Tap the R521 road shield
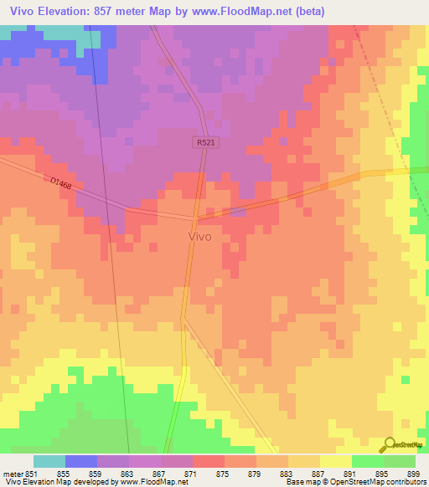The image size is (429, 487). tap(207, 143)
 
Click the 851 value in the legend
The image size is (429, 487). tap(32, 473)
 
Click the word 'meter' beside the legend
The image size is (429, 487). tap(11, 473)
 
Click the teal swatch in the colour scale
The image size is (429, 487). tap(49, 461)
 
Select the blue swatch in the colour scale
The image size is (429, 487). tap(80, 461)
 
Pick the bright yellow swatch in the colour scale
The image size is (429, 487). tap(335, 461)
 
